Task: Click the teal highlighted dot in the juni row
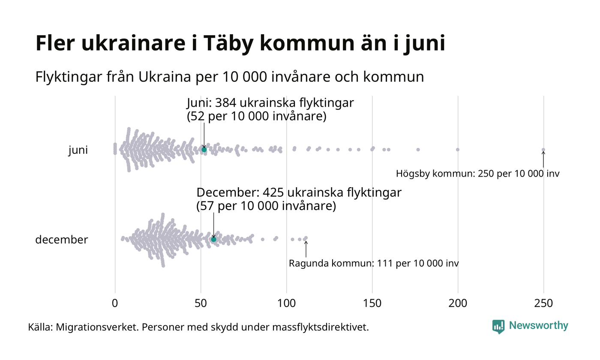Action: (x=204, y=150)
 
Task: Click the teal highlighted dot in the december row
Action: (x=213, y=239)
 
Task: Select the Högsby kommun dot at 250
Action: (x=543, y=150)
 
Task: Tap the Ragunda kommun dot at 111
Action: (x=306, y=238)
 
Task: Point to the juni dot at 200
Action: (x=458, y=150)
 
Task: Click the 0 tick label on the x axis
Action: (x=115, y=303)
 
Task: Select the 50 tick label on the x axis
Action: (x=201, y=303)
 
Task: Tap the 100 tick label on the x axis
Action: (x=286, y=303)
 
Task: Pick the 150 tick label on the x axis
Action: (x=372, y=303)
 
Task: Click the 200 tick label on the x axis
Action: (x=458, y=303)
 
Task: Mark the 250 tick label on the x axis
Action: (x=543, y=303)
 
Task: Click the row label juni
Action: (x=78, y=150)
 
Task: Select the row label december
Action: (x=61, y=240)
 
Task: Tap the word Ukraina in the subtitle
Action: (x=164, y=77)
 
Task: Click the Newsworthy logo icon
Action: (x=498, y=326)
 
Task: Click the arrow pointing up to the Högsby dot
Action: (x=543, y=159)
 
